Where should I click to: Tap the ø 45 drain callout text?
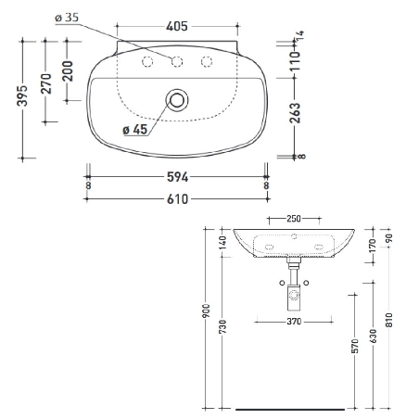pos(135,130)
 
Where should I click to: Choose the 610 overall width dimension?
pos(177,198)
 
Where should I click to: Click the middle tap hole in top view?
pos(176,62)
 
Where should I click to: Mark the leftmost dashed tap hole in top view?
pos(145,62)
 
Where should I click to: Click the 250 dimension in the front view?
pos(293,219)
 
